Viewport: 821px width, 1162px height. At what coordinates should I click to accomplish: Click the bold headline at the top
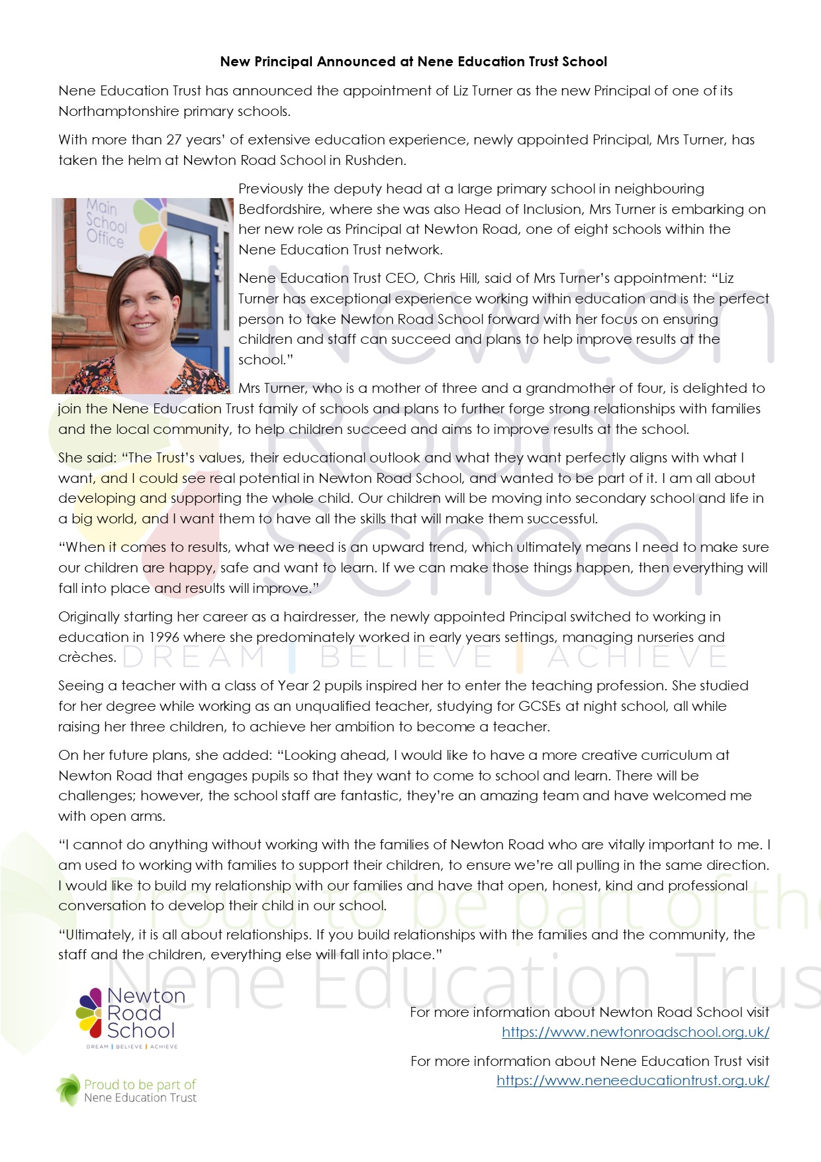[x=413, y=62]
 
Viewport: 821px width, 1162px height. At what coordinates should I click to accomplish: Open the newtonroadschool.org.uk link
[x=635, y=1031]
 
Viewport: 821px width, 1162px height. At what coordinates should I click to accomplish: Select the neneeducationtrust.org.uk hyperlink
[x=632, y=1080]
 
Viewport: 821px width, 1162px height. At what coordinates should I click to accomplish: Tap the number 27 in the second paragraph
[x=174, y=140]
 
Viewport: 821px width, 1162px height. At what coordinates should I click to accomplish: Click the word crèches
[x=87, y=657]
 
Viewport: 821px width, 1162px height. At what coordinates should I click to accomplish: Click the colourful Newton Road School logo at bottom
[x=126, y=1017]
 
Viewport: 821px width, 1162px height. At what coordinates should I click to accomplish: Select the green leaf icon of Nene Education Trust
[x=68, y=1090]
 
